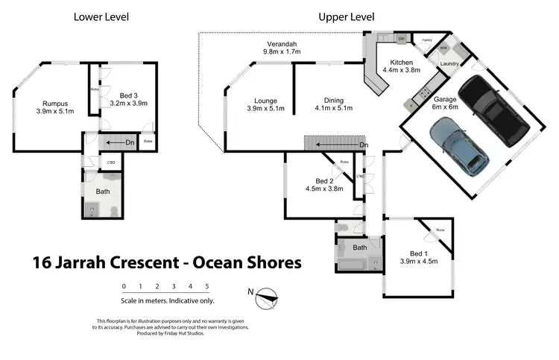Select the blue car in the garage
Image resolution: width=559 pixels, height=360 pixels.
[x=455, y=148]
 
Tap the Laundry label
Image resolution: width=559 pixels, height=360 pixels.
[x=449, y=64]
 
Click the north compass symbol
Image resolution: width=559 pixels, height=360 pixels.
[x=266, y=299]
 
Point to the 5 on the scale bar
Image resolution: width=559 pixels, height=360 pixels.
[x=206, y=286]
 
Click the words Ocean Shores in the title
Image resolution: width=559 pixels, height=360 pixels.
[x=247, y=262]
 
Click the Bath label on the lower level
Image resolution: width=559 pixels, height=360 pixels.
[x=102, y=192]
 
